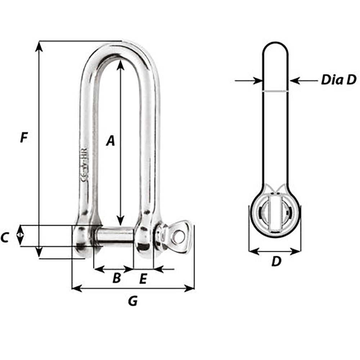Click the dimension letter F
pos(24,138)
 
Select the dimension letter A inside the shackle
pos(111,141)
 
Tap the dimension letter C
pos(5,238)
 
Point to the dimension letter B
pos(116,278)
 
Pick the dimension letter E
pos(143,278)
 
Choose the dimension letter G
pos(133,301)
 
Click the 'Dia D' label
pos(338,80)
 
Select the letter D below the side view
pos(276,262)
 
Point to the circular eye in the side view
pos(275,215)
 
